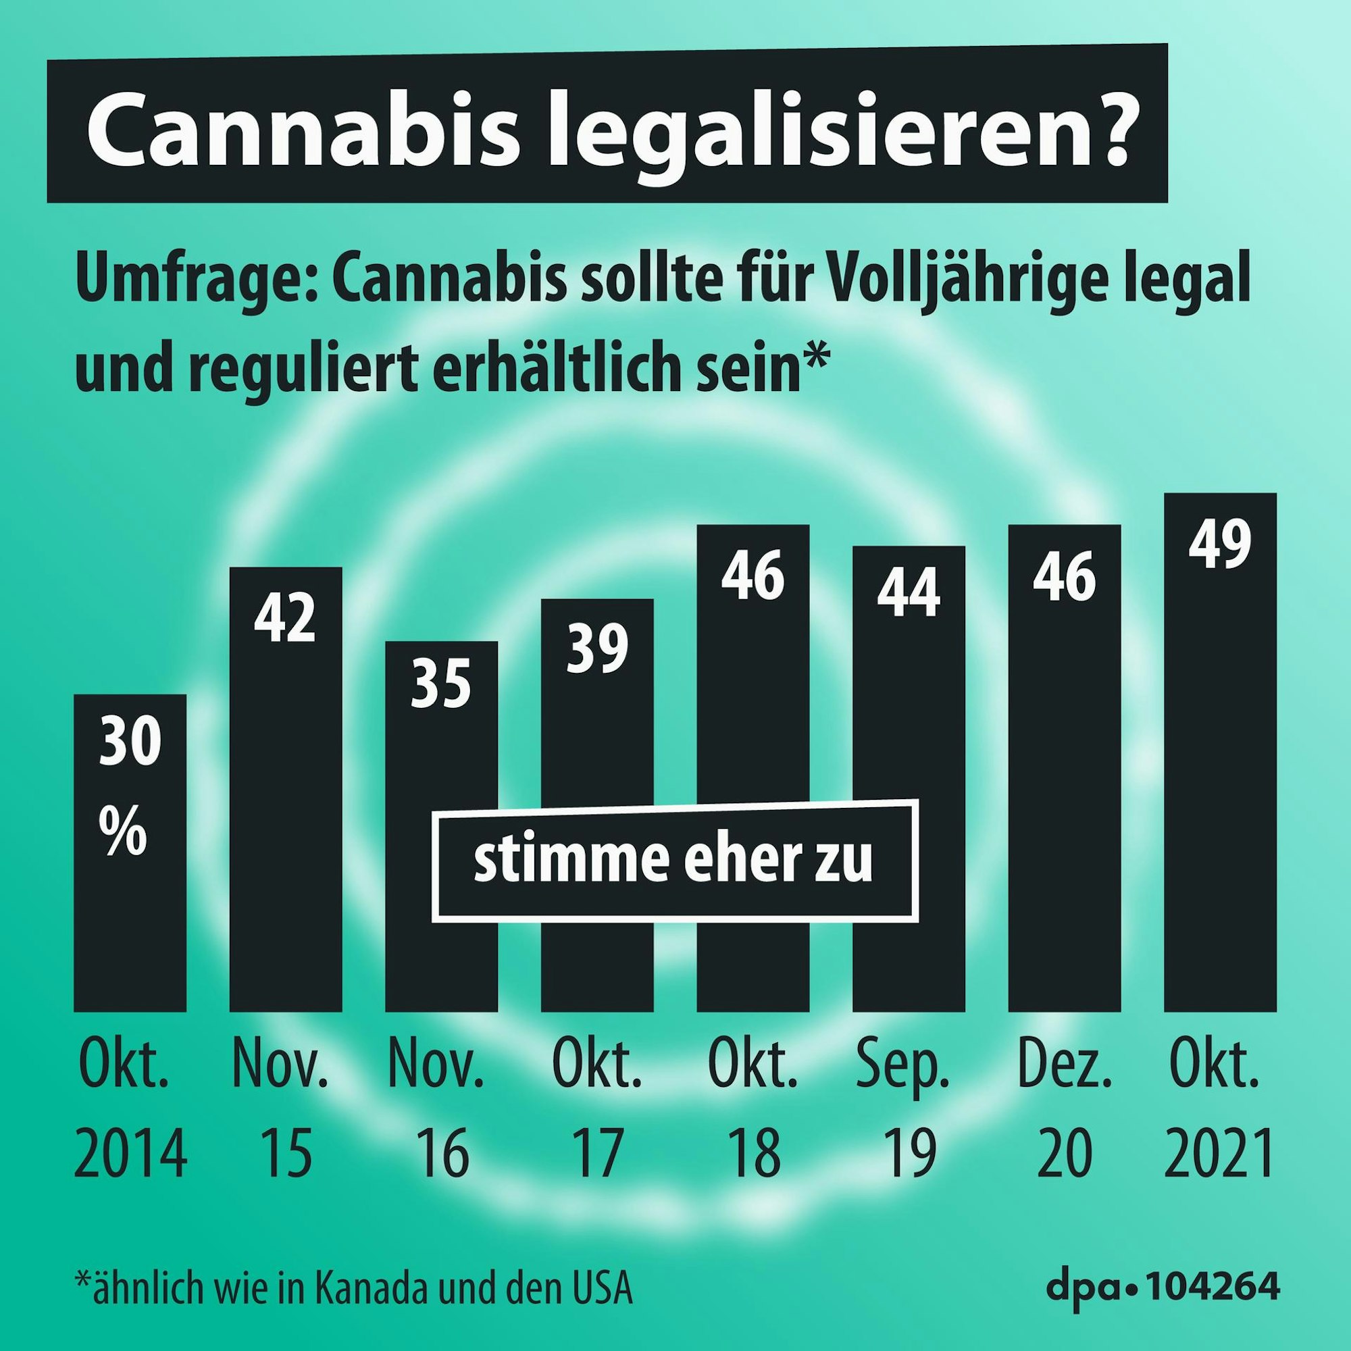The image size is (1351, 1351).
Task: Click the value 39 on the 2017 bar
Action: point(596,650)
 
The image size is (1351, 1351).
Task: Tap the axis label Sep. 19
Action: point(909,1117)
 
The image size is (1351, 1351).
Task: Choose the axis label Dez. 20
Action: point(1065,1117)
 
